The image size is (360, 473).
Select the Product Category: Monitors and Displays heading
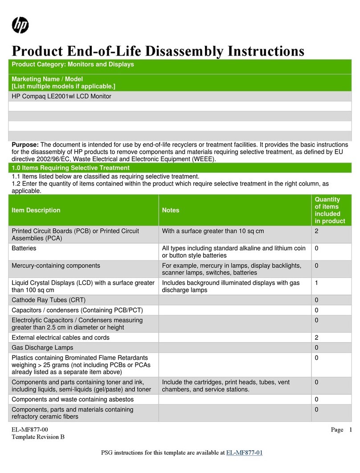(73, 65)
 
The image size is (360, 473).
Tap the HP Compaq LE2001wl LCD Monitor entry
(61, 96)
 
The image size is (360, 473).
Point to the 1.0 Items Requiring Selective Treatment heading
(70, 168)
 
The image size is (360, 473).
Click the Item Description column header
(36, 210)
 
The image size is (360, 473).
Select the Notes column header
(171, 210)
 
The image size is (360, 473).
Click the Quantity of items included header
(330, 210)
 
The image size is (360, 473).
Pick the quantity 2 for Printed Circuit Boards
(316, 231)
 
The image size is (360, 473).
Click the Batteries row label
(24, 248)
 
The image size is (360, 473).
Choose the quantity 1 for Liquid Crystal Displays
(316, 283)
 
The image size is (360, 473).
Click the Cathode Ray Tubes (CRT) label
(49, 300)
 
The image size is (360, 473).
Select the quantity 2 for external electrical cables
(316, 338)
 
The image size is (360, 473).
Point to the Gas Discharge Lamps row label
(42, 347)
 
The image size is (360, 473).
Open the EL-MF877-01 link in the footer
(245, 453)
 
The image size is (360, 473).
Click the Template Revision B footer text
(38, 437)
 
